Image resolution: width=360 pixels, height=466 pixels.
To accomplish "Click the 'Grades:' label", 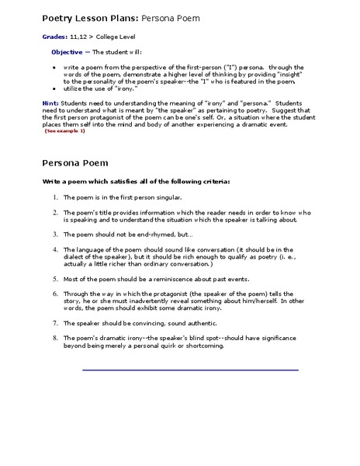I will (x=53, y=37).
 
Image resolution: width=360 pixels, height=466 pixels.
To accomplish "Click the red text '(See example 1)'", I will (x=65, y=130).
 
